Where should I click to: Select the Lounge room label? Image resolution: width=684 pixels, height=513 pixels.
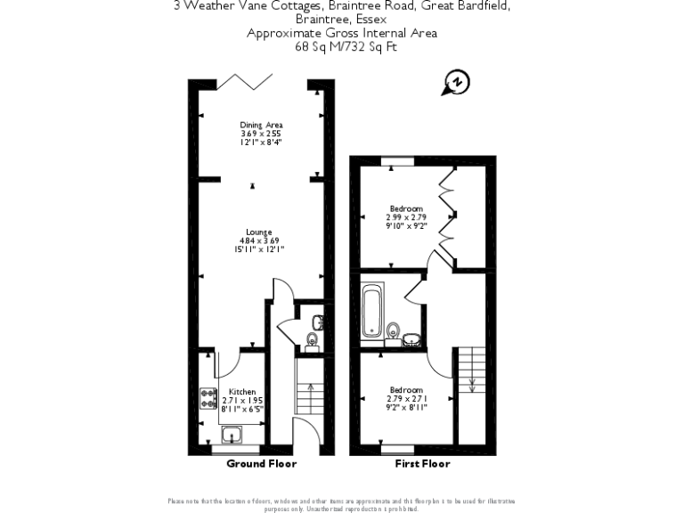pos(259,232)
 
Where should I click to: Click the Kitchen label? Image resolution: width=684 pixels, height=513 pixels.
pos(242,392)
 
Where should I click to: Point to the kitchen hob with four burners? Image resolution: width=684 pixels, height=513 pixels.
pos(208,397)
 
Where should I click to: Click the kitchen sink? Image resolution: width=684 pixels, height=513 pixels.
pos(232,436)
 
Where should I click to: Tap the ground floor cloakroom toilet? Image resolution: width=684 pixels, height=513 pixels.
pos(312,339)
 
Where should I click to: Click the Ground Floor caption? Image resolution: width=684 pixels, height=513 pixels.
pos(261,464)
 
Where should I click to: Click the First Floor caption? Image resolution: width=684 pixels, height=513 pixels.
pos(422,464)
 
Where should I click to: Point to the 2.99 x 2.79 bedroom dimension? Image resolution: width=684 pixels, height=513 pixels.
pos(405,217)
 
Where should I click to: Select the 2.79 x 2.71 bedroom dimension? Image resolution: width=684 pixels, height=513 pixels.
pos(409,398)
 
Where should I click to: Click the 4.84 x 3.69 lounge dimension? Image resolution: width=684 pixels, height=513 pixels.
pos(259,240)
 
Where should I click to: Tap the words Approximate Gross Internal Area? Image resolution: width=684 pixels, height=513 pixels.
pos(341,34)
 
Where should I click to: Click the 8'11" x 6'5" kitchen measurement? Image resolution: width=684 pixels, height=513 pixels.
pos(242,410)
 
